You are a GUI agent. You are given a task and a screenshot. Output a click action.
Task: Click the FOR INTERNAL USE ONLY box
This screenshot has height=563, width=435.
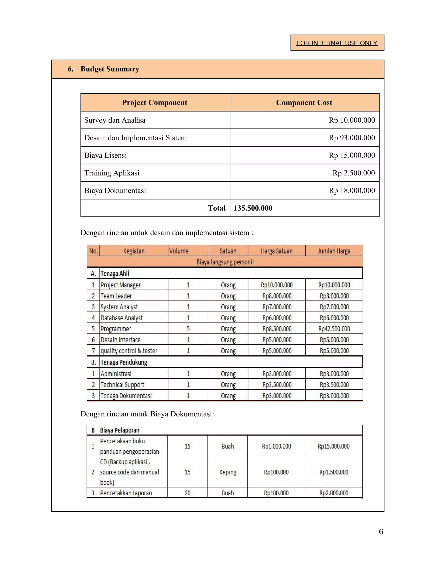coord(337,43)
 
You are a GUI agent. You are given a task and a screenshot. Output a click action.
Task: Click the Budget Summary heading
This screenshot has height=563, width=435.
coord(110,69)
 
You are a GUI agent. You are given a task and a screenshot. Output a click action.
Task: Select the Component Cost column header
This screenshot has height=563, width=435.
coord(304,103)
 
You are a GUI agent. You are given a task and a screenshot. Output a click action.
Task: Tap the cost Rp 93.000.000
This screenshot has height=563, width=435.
coord(352,138)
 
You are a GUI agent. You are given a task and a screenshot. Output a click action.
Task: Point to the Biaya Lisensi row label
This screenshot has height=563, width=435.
coord(106,156)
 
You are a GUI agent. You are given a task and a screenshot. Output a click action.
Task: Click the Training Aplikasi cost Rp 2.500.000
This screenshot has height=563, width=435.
coord(354,173)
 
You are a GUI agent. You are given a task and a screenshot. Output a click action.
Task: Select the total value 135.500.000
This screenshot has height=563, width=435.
coord(253,208)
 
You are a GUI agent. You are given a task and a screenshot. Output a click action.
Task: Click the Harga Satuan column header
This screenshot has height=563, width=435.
coord(277,251)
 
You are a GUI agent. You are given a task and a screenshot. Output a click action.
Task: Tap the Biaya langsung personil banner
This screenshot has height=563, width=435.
coord(225,262)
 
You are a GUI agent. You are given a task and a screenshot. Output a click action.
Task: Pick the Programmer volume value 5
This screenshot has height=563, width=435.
coord(188,329)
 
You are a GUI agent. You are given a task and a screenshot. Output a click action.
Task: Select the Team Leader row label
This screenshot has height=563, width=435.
coord(116,296)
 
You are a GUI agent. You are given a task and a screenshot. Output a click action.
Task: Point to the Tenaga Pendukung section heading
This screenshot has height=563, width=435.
coord(124,362)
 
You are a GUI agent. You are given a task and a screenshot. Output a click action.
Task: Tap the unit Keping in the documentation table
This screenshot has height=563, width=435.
coord(227,472)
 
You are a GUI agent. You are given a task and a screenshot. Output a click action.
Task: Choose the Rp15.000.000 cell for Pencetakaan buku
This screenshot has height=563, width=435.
coord(333,446)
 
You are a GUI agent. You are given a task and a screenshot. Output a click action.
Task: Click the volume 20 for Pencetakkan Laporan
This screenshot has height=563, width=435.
coord(187,493)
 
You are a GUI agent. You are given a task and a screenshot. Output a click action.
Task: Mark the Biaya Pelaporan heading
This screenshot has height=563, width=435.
coord(120,430)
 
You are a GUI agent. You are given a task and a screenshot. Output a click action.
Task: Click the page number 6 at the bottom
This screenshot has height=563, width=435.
coord(381,531)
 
